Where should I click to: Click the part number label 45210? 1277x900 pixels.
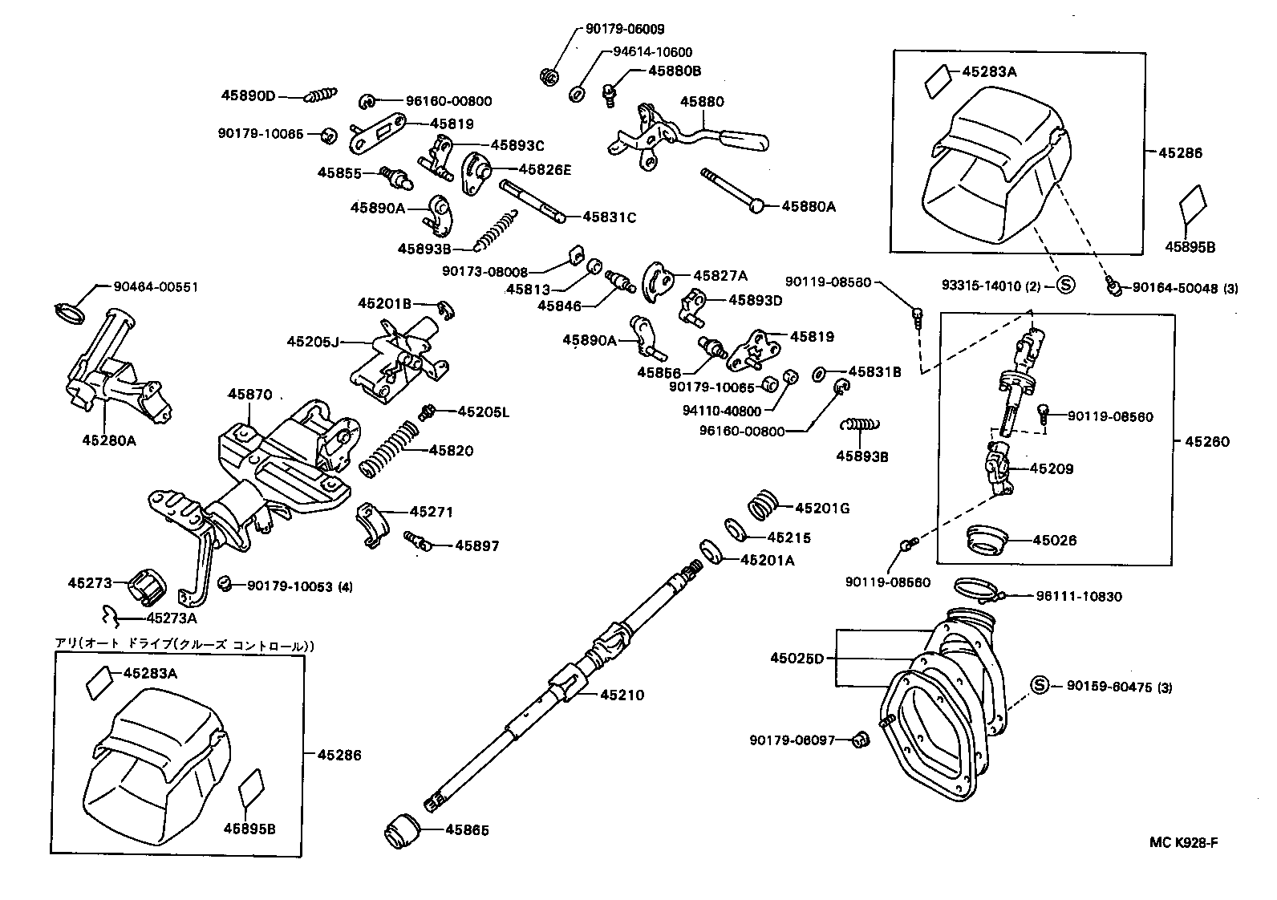(622, 695)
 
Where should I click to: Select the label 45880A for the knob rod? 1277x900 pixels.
(809, 206)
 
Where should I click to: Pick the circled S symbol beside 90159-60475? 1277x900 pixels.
(1039, 685)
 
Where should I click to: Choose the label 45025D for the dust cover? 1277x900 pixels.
(797, 659)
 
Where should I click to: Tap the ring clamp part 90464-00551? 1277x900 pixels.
(70, 311)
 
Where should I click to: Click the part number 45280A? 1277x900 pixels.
(109, 440)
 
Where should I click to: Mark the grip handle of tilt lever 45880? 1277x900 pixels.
(743, 141)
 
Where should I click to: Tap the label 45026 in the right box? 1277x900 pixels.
(1054, 540)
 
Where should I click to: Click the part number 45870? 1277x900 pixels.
(249, 395)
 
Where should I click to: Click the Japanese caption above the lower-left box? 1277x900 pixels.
(184, 645)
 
